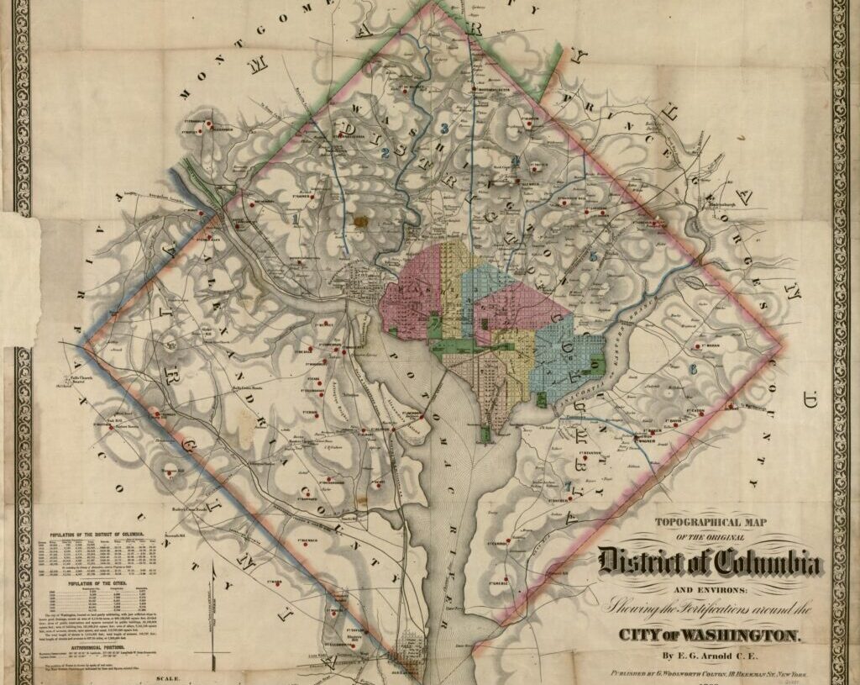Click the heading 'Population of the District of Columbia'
pyautogui.click(x=96, y=535)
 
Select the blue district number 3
pyautogui.click(x=443, y=129)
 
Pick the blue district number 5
pyautogui.click(x=593, y=256)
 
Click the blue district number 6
pyautogui.click(x=693, y=369)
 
